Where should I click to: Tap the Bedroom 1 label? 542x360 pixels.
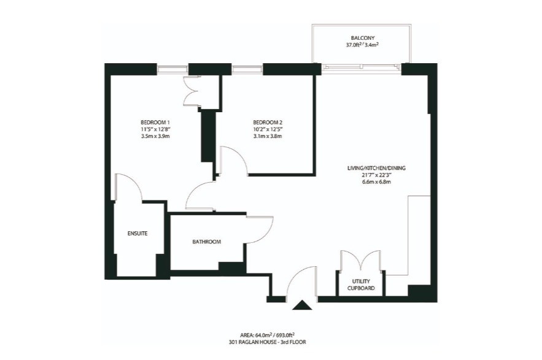pos(155,122)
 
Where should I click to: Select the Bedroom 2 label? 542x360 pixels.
pos(268,122)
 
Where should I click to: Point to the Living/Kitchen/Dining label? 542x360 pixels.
pos(376,168)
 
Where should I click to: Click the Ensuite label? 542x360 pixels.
pos(137,234)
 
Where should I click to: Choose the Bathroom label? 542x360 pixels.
pos(207,242)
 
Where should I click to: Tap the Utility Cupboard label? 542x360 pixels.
pos(361,285)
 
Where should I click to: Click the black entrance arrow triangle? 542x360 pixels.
pos(303,305)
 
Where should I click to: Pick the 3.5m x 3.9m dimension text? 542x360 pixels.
pos(155,136)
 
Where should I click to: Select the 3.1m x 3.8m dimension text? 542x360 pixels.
pos(268,136)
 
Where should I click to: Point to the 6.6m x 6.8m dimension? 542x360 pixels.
pos(376,182)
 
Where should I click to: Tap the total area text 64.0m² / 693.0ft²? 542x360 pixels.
pos(268,335)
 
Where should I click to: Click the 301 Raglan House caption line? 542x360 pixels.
pos(268,342)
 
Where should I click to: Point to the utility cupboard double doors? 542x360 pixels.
pos(361,259)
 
